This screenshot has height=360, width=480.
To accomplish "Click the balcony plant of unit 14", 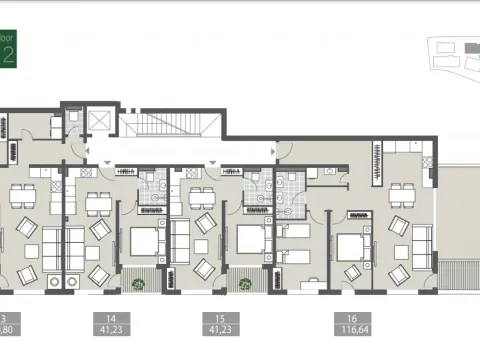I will [140, 284].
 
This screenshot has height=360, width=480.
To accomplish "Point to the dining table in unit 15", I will [202, 197].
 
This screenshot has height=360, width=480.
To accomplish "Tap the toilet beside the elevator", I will [73, 123].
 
